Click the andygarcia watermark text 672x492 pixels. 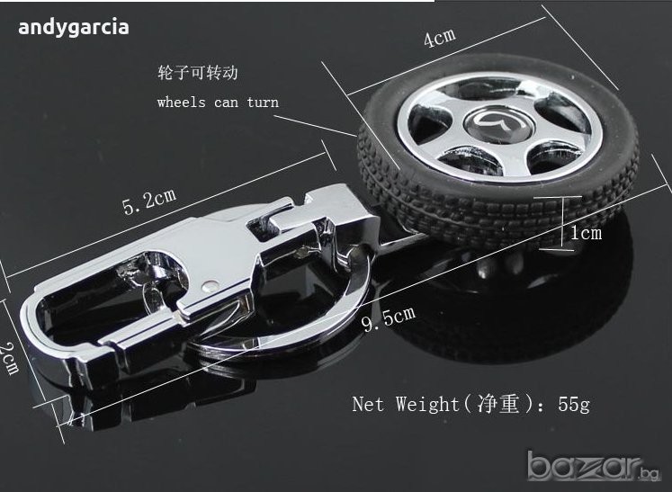[x=73, y=28]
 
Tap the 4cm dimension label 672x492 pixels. [x=440, y=37]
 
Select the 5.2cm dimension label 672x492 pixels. [x=149, y=201]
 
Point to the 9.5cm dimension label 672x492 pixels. [x=389, y=318]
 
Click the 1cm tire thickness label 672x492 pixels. [x=586, y=233]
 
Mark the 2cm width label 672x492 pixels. [x=9, y=358]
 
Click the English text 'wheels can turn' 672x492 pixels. [x=218, y=103]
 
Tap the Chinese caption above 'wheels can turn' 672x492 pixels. [x=198, y=73]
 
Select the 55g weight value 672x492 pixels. [x=573, y=404]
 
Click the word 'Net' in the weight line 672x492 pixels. [x=368, y=404]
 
